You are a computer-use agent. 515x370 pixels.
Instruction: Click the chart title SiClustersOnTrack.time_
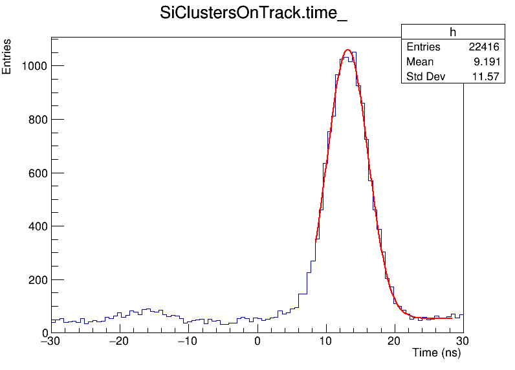[x=254, y=14]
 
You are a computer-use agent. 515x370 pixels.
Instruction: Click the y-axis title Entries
[x=7, y=56]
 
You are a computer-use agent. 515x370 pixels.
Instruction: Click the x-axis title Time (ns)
[x=437, y=353]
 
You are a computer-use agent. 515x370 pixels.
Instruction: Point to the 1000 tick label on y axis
[x=32, y=66]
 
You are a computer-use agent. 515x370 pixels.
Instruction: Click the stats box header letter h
[x=453, y=33]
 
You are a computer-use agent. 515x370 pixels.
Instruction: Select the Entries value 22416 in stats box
[x=484, y=47]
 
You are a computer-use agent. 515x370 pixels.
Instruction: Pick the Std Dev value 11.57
[x=487, y=77]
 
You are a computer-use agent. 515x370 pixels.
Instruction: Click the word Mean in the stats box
[x=420, y=62]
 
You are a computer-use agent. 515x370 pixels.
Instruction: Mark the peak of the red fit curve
[x=347, y=50]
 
